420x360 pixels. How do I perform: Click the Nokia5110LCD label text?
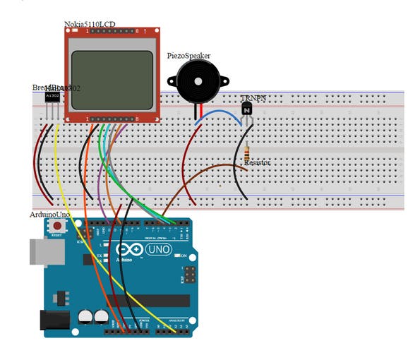coord(90,25)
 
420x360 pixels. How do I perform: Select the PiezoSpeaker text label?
coord(188,56)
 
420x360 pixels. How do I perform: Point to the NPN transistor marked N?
coord(246,109)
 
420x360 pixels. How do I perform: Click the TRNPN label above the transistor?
coord(253,99)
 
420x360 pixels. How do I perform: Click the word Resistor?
coord(257,163)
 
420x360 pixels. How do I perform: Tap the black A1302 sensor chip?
coord(52,95)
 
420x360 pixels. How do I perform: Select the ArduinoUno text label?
coord(51,214)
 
